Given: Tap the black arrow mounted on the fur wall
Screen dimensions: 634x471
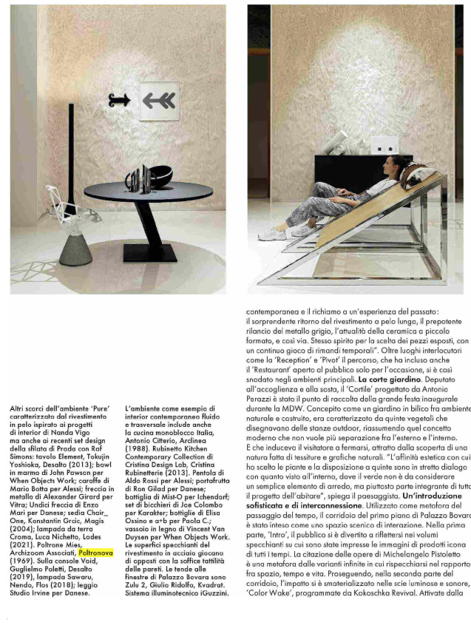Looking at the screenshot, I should tap(119, 99).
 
